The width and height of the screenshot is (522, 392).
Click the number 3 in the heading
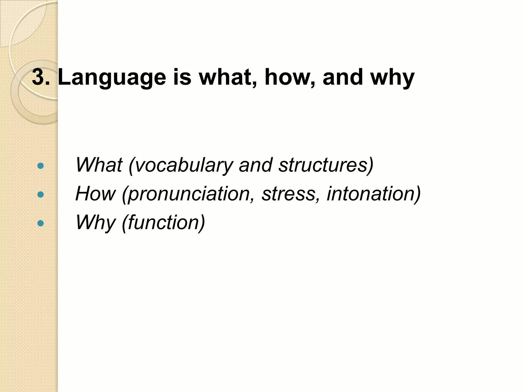38,77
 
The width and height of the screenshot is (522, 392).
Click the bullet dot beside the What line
40,166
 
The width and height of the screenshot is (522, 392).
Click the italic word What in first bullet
99,165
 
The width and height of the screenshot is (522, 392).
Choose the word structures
324,165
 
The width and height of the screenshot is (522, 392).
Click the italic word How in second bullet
95,194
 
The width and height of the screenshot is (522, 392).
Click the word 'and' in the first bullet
256,165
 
